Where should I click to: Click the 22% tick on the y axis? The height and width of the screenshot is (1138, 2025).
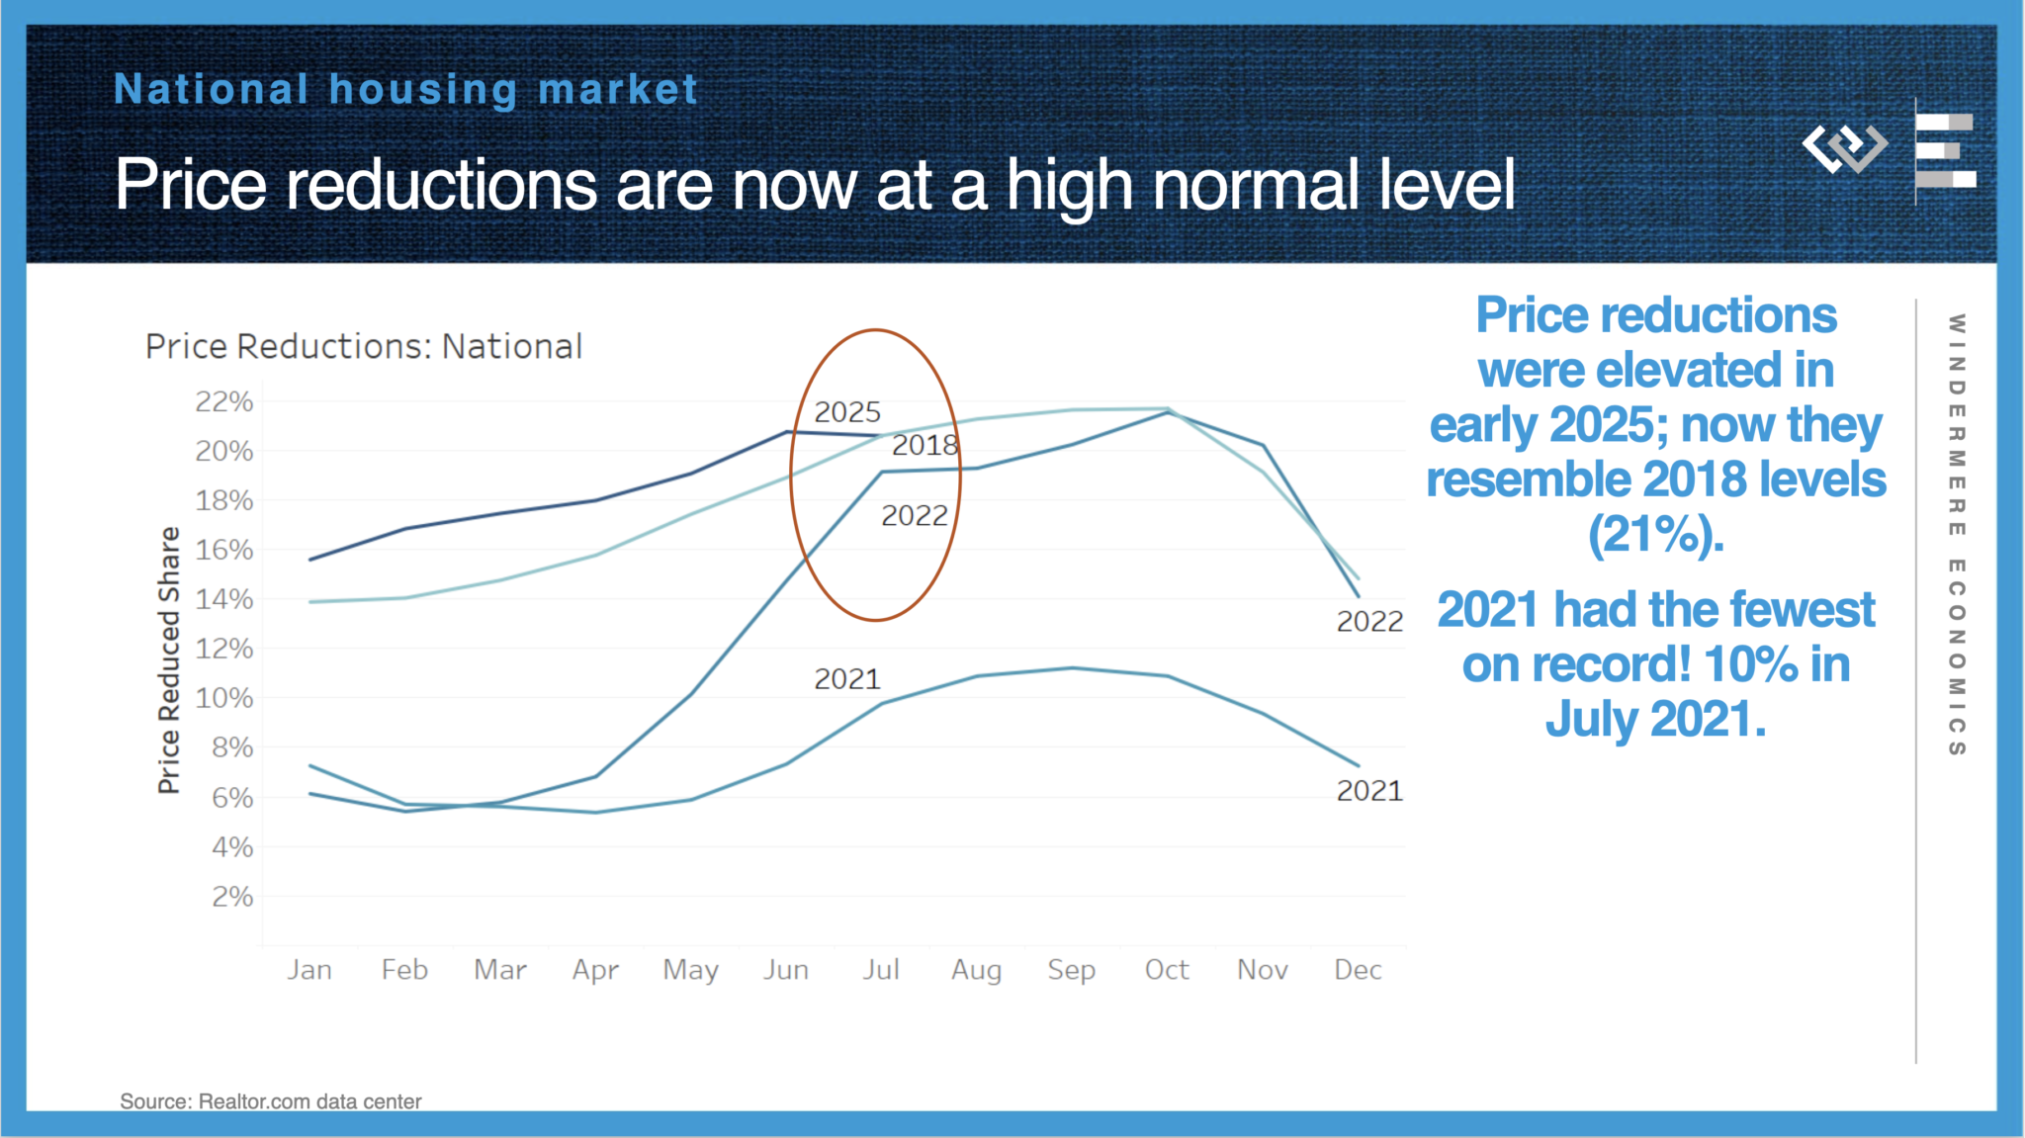(224, 401)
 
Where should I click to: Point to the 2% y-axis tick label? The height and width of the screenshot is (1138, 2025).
(232, 897)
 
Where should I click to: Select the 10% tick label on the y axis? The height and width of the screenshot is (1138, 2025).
(224, 698)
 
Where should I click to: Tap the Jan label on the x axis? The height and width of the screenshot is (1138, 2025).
(309, 970)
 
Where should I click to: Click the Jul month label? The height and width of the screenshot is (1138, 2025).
(880, 970)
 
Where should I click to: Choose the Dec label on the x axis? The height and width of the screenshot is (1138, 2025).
(1358, 970)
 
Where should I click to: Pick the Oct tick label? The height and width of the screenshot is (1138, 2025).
(1167, 970)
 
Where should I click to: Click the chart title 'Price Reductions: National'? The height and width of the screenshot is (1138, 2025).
(364, 347)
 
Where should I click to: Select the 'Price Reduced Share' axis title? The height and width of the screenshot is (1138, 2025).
(169, 659)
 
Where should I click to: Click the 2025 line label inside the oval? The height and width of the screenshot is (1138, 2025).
(847, 412)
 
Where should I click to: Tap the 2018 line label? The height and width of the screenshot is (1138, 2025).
(925, 446)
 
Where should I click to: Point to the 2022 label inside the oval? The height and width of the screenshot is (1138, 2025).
(915, 516)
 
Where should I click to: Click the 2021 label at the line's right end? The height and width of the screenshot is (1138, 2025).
(1369, 791)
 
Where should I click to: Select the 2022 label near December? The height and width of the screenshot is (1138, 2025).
(1369, 622)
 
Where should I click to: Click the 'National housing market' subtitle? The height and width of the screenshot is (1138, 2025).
(406, 90)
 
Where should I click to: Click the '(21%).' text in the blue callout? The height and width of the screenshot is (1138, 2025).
(1655, 535)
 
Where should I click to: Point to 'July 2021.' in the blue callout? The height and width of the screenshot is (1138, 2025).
(1655, 719)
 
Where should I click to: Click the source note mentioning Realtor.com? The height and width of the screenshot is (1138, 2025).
(271, 1101)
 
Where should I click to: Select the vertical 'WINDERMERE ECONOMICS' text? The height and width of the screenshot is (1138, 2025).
(1956, 535)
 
